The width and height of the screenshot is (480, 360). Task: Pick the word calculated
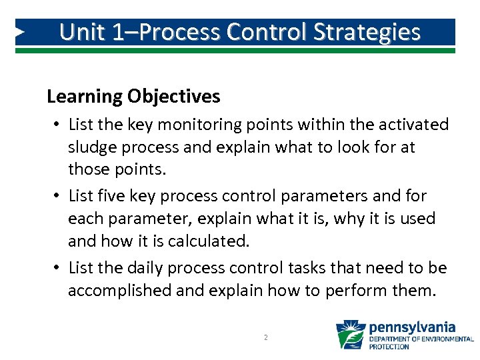[x=213, y=241]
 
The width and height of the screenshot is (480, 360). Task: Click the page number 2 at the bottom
[x=265, y=338]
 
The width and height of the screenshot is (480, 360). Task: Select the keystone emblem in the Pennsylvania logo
[x=350, y=334]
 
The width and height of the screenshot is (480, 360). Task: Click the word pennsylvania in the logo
[x=412, y=327]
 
